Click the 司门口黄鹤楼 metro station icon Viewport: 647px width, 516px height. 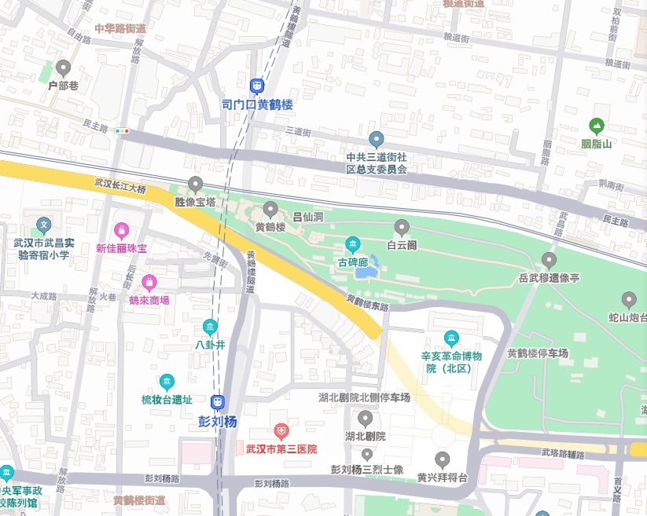257,86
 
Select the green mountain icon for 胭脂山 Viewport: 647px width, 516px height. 597,125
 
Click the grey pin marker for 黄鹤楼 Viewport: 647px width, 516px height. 271,210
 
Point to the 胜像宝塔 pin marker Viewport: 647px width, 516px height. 196,185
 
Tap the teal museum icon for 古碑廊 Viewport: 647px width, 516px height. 353,244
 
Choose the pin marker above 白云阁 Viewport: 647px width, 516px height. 402,229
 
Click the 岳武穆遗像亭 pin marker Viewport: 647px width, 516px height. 549,260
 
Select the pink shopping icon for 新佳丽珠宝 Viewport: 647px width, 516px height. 122,231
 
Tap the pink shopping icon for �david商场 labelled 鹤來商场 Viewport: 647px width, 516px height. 149,282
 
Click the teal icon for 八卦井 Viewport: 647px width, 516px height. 210,327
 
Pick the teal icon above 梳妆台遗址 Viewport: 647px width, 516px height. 167,382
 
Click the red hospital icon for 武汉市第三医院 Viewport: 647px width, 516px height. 281,431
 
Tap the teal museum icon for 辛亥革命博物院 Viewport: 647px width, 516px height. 451,339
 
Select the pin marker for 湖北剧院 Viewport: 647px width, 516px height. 365,418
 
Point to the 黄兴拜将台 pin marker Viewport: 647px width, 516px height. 443,459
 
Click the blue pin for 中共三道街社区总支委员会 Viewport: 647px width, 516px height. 377,140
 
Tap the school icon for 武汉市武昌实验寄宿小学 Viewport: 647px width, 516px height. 43,225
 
